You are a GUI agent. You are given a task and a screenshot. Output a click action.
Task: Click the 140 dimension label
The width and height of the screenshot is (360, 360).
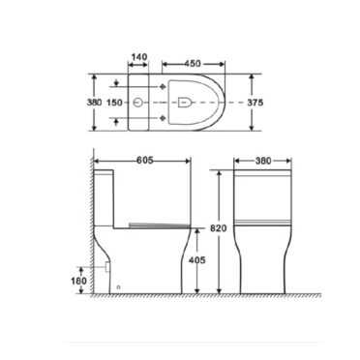tap(139, 57)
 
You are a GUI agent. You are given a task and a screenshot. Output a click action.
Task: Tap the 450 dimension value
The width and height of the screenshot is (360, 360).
tap(193, 64)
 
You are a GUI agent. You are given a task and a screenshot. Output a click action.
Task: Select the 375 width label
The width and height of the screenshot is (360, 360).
tap(255, 103)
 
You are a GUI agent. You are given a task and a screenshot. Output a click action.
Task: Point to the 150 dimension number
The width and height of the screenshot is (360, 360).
tap(114, 103)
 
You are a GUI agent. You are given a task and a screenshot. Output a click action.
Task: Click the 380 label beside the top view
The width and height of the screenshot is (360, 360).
tap(94, 103)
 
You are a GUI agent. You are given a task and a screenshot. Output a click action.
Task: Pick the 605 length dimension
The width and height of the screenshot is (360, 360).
tap(144, 160)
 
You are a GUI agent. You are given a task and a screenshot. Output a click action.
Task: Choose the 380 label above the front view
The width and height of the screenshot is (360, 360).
tap(263, 161)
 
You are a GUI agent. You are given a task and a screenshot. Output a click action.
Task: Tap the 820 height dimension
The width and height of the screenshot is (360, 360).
tap(219, 228)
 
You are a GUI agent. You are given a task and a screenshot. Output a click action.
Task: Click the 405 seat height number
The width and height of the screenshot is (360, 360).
tap(196, 259)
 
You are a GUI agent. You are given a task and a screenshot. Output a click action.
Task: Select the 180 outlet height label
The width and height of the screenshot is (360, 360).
tap(79, 281)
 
